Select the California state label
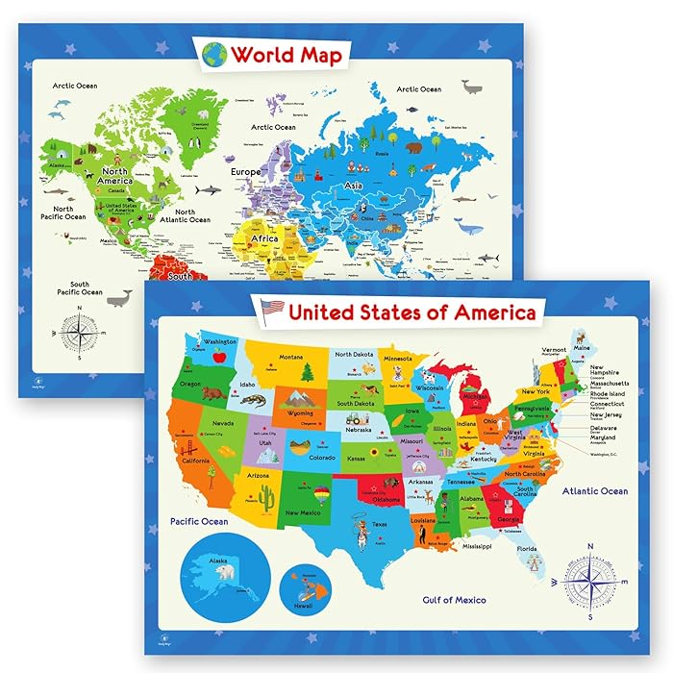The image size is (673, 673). [x=196, y=461]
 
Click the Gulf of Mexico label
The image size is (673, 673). [x=455, y=600]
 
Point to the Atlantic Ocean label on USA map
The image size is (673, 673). [x=595, y=491]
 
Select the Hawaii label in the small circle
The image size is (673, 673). [x=303, y=606]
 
